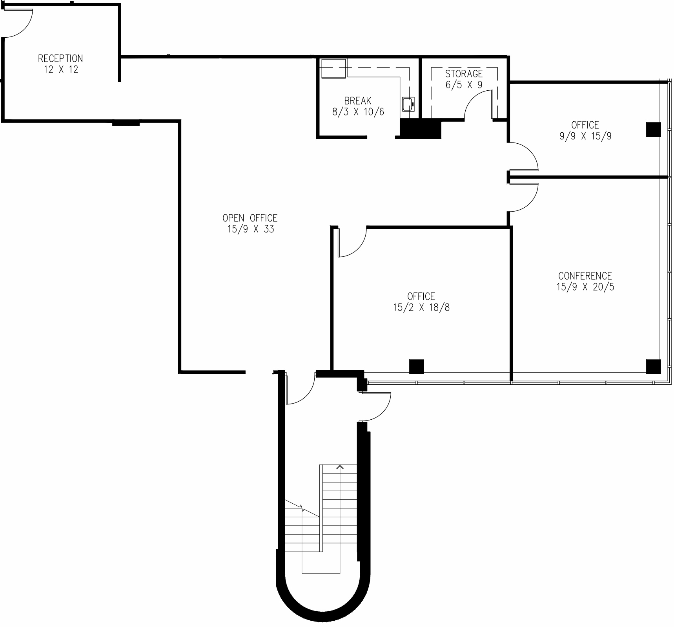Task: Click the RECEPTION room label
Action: point(60,58)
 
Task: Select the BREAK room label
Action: point(358,101)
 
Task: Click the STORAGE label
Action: point(464,74)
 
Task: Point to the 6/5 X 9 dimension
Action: point(464,85)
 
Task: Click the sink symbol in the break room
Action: point(408,104)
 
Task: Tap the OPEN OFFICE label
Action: point(250,218)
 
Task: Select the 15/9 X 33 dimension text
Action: point(250,229)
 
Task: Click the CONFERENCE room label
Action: point(585,276)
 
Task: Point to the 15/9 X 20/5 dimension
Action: point(585,287)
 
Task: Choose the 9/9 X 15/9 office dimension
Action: point(585,136)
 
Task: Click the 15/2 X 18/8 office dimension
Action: point(421,307)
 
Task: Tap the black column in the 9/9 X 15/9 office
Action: point(653,129)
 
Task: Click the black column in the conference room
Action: point(653,366)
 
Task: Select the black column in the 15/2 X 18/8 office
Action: point(416,366)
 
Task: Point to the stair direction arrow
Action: point(340,467)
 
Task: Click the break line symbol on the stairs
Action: point(302,509)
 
